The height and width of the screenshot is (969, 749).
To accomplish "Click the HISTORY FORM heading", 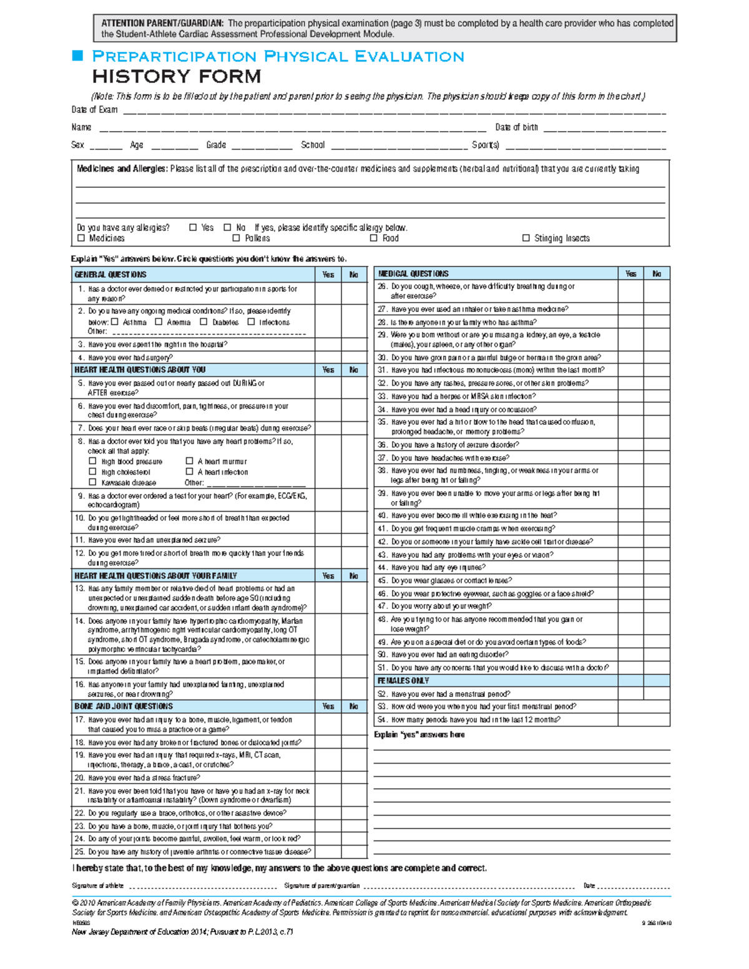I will pyautogui.click(x=177, y=77).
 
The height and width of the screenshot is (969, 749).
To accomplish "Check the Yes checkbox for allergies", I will pyautogui.click(x=193, y=228).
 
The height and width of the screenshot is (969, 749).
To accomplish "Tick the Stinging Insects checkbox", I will pyautogui.click(x=526, y=238).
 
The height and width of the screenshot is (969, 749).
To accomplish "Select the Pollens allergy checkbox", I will pyautogui.click(x=237, y=238).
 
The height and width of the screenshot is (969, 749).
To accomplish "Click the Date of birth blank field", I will pyautogui.click(x=604, y=128).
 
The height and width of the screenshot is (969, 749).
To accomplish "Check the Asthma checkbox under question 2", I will pyautogui.click(x=115, y=322).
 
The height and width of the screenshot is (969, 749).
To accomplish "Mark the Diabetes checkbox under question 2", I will pyautogui.click(x=203, y=322).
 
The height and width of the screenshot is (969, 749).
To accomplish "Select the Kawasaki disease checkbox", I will pyautogui.click(x=92, y=482).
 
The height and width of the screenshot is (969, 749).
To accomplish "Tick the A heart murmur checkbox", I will pyautogui.click(x=190, y=461).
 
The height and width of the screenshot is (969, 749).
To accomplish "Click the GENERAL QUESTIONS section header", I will pyautogui.click(x=110, y=275).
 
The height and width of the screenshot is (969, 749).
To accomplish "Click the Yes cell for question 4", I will pyautogui.click(x=328, y=358).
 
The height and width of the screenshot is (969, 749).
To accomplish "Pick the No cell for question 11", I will pyautogui.click(x=354, y=540).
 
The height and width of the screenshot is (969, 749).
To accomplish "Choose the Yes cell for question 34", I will pyautogui.click(x=631, y=409).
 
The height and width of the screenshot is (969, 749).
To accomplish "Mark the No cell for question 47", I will pyautogui.click(x=657, y=606).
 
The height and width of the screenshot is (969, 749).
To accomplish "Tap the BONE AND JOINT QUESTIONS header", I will pyautogui.click(x=124, y=706).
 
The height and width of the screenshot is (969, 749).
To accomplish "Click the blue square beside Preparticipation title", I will pyautogui.click(x=78, y=56).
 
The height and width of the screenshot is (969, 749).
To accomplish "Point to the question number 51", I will pyautogui.click(x=382, y=668).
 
